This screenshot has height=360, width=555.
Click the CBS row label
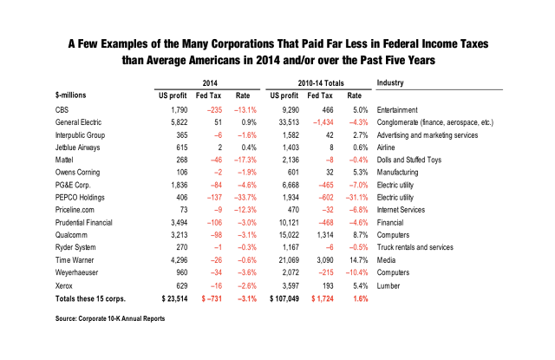point(62,110)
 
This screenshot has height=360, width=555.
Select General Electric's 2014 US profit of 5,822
point(180,122)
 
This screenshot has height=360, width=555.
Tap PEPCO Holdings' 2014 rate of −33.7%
point(245,198)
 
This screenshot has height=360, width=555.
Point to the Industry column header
point(390,82)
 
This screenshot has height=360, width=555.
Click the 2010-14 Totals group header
point(321,83)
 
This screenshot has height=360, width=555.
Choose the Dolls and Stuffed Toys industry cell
point(408,160)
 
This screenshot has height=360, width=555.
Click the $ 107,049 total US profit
point(284,298)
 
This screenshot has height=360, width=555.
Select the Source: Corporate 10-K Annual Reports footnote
point(110,318)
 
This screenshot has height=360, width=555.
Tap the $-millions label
point(71,95)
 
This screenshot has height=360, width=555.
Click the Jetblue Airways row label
point(77,147)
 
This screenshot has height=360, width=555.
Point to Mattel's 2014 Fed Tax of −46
point(216,160)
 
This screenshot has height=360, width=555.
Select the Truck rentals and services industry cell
point(415,247)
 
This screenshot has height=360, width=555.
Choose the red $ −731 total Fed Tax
point(212,298)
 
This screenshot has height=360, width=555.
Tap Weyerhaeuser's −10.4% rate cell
point(356,272)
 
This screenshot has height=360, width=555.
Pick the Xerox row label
point(63,286)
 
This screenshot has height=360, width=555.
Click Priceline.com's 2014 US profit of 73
point(184,210)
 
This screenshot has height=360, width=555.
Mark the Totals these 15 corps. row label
point(90,298)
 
